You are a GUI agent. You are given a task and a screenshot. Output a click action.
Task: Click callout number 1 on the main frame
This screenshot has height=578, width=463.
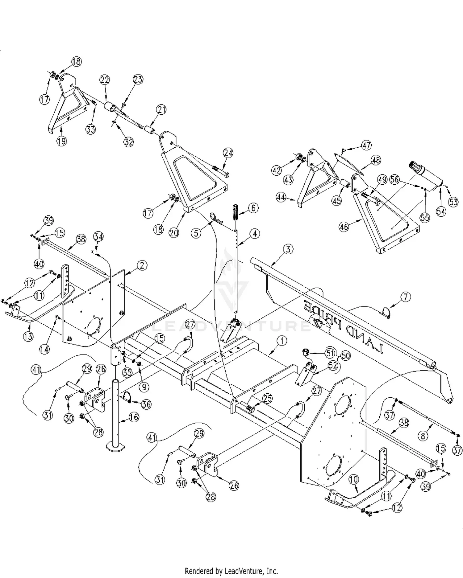[x=282, y=341]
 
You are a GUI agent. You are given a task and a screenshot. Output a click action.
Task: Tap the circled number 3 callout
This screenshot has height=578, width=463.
[x=288, y=249]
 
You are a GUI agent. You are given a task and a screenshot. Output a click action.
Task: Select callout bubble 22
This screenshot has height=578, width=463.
[x=105, y=80]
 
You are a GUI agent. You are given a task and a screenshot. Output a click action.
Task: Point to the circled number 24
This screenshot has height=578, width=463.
[x=228, y=153]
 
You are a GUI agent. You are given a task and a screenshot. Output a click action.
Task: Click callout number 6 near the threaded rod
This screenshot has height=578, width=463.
[x=253, y=208]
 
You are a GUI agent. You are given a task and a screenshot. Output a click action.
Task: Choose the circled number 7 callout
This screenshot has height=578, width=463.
[x=406, y=297]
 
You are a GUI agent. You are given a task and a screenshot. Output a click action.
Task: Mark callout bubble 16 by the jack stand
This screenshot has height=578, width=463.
[x=134, y=417]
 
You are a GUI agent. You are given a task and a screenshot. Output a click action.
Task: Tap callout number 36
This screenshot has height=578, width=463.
[x=146, y=404]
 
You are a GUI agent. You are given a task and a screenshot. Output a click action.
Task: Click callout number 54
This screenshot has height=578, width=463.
[x=441, y=211]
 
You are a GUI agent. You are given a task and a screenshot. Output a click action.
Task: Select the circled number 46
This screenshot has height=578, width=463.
[x=344, y=227]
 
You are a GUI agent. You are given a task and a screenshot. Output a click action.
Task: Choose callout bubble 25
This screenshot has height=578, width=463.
[x=268, y=399]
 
